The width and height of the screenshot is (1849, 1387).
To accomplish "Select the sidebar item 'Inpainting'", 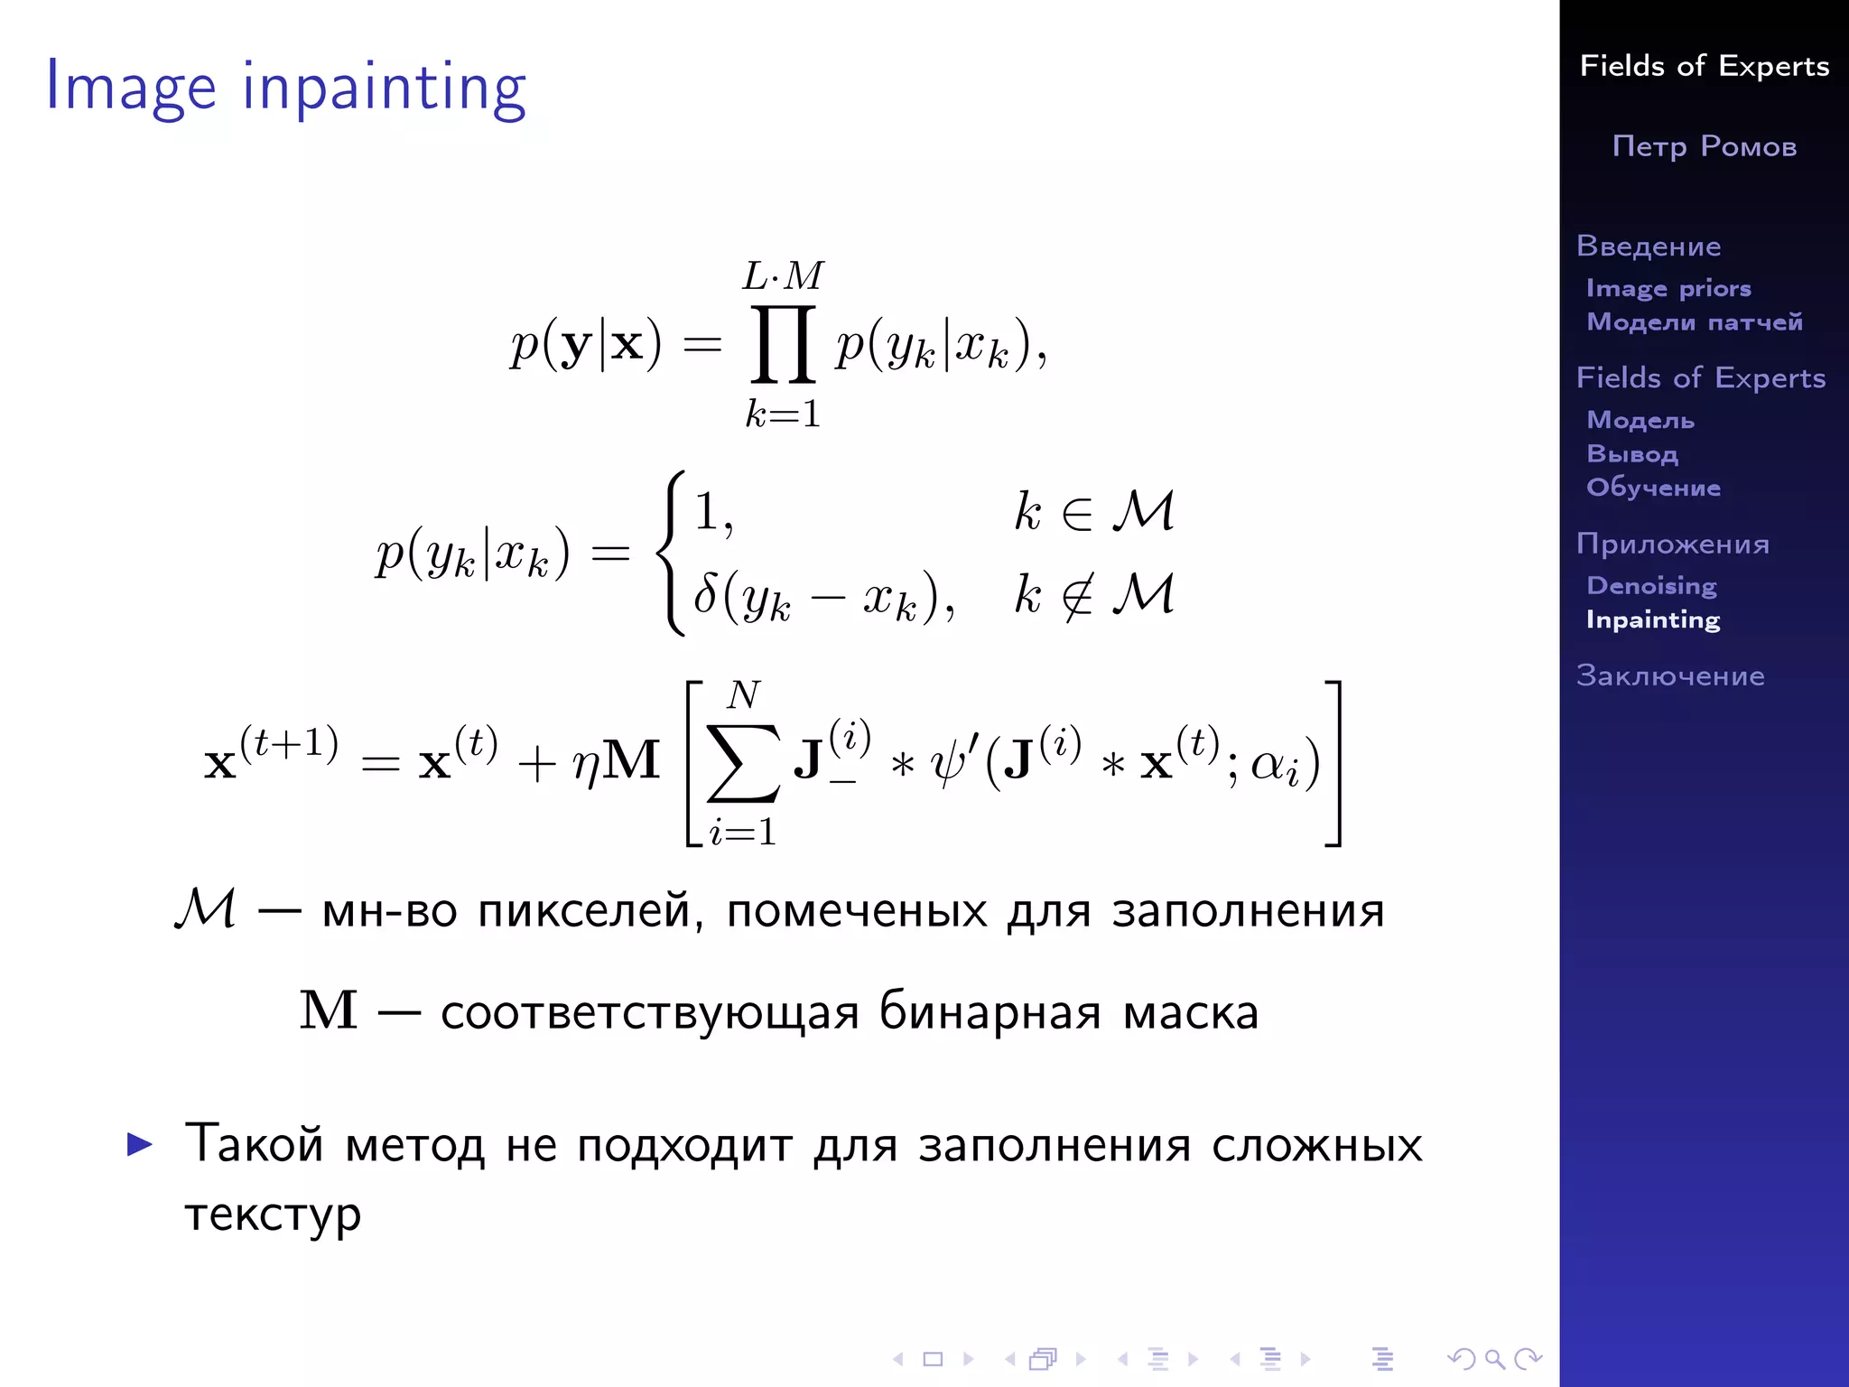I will click(1653, 620).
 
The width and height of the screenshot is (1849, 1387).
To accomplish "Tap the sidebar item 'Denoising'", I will click(1651, 586).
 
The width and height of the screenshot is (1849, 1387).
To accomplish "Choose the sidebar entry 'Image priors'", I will click(1668, 288).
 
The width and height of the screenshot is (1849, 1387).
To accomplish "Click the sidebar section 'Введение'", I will click(1649, 247).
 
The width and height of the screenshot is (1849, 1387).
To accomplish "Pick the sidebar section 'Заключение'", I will click(1670, 675).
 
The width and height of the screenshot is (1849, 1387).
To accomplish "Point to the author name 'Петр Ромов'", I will click(1705, 146).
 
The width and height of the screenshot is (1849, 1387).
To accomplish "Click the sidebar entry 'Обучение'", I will click(1653, 488).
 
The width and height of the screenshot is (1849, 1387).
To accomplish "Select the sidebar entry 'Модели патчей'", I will click(1695, 322).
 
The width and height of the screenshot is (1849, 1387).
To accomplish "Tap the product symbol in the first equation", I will click(783, 345).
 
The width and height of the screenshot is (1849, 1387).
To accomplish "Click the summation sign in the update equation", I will click(742, 764).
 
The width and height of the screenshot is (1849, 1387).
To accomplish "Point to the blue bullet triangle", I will click(140, 1144).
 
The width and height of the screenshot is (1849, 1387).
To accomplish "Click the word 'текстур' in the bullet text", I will click(273, 1215).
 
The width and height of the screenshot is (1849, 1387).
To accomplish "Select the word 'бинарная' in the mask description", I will click(990, 1012).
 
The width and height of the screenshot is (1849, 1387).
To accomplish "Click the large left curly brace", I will click(673, 553).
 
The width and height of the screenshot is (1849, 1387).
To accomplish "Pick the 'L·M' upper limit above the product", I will click(783, 275).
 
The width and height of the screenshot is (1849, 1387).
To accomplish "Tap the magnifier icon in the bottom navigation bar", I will click(1493, 1358).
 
